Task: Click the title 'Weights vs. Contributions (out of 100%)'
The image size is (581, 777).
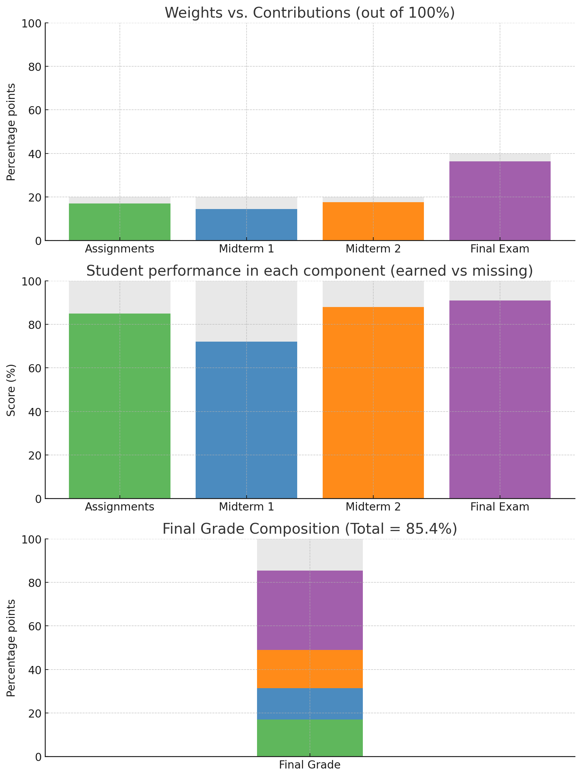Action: coord(310,13)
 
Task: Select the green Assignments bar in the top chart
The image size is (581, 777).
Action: coord(120,222)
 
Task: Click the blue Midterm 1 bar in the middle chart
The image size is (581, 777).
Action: coord(246,420)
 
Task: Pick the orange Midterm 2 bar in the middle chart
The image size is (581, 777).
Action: coord(373,403)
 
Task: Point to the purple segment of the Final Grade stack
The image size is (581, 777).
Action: coord(310,610)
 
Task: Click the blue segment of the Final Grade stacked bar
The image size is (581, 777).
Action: coord(310,704)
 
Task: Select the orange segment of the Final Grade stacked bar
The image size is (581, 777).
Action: coord(310,669)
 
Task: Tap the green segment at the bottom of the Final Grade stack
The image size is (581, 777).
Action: coord(310,738)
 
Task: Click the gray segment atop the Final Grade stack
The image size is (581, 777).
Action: coord(310,555)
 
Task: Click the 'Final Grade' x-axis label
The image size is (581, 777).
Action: coord(310,765)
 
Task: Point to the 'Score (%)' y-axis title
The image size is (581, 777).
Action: coord(11,390)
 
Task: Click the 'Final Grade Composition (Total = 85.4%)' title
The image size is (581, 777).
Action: coord(310,529)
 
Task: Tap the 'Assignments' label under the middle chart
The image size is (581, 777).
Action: coord(120,507)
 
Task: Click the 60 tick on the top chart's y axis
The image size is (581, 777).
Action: coord(34,110)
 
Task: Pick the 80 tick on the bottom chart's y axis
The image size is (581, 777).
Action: coord(34,582)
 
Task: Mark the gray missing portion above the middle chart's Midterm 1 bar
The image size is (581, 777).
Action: coord(246,311)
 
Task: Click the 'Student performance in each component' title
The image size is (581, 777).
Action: coord(310,271)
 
